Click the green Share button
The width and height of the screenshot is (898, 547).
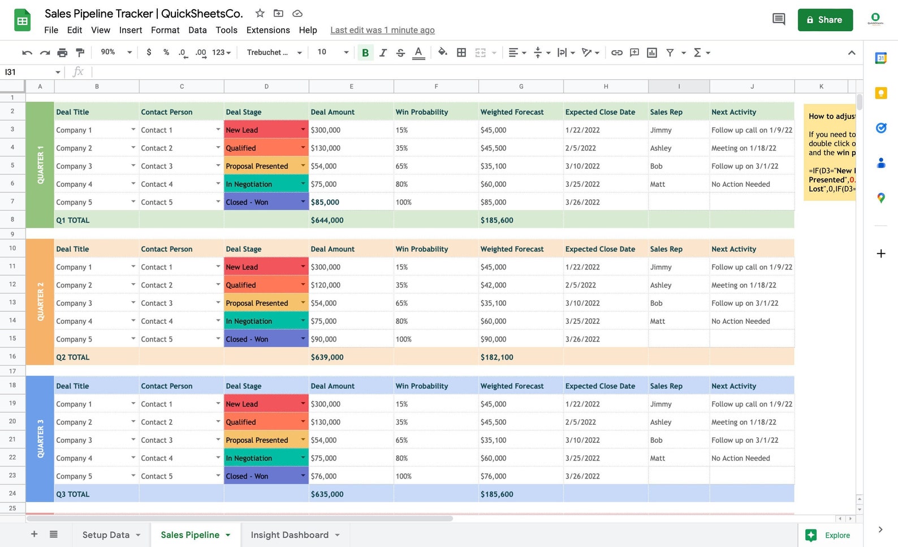click(824, 20)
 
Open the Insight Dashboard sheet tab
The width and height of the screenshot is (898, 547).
click(289, 535)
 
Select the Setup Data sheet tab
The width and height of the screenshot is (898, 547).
click(106, 535)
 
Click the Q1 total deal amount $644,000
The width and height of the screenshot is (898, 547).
click(327, 220)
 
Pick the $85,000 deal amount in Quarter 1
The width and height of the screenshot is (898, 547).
click(325, 202)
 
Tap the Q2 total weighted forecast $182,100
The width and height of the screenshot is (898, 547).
click(497, 357)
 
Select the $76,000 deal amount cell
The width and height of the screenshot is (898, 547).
click(324, 476)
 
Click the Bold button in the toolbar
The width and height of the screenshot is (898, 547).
click(365, 53)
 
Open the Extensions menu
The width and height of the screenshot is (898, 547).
click(268, 30)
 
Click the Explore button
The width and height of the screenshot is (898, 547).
click(828, 535)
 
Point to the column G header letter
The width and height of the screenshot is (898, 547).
click(521, 87)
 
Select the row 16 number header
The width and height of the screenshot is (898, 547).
click(12, 357)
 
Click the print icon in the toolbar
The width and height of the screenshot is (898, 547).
click(62, 53)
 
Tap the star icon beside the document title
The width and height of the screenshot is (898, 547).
click(260, 13)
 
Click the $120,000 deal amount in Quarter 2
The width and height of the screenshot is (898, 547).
click(326, 285)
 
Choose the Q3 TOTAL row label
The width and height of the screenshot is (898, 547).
click(73, 494)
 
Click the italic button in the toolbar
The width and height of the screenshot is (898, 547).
click(383, 53)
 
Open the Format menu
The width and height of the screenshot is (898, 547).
click(165, 30)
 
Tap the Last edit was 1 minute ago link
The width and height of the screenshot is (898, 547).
click(382, 30)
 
